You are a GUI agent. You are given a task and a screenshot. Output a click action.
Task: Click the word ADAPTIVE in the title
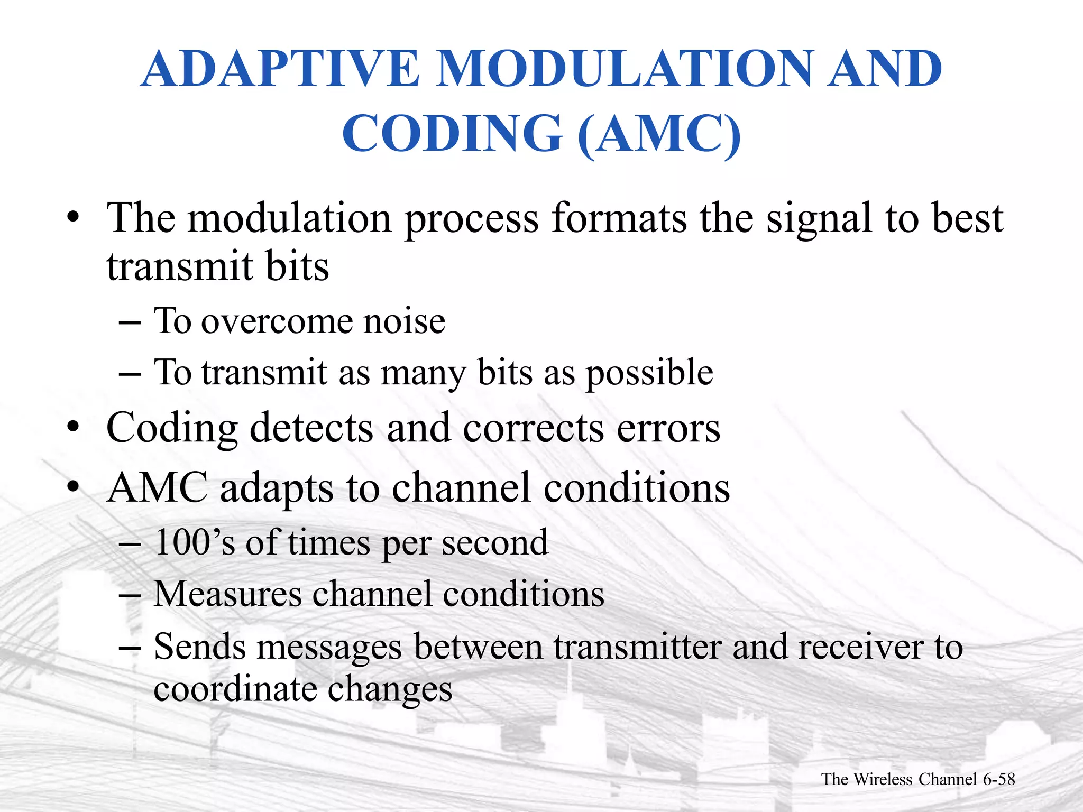pos(280,69)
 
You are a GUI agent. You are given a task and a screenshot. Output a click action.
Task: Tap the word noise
pos(404,321)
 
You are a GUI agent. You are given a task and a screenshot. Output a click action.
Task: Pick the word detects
pos(311,428)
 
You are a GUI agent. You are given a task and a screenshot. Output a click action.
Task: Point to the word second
pos(495,543)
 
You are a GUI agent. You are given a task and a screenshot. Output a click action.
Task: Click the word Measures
pos(227,594)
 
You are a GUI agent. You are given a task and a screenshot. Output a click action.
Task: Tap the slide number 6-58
pos(998,779)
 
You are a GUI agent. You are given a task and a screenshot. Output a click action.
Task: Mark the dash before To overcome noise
pos(130,322)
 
